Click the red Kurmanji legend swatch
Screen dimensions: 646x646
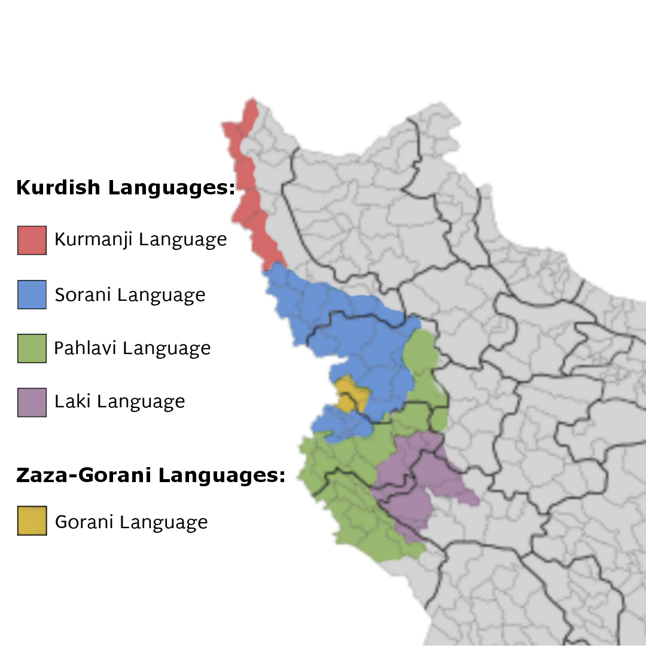(x=32, y=240)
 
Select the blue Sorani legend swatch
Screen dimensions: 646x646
(x=32, y=294)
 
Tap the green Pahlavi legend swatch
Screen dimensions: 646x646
(x=32, y=348)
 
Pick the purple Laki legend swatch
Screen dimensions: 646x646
(x=32, y=402)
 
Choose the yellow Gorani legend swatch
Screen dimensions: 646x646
(x=32, y=520)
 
